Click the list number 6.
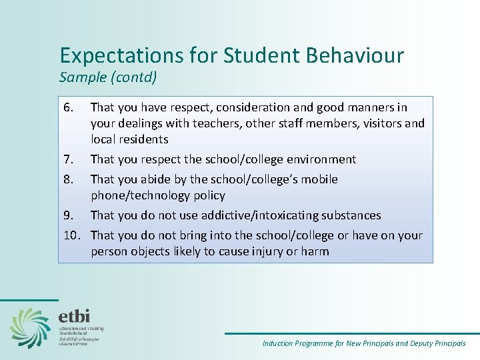(67, 107)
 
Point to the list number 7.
(67, 159)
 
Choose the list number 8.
(67, 179)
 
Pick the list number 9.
(67, 215)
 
